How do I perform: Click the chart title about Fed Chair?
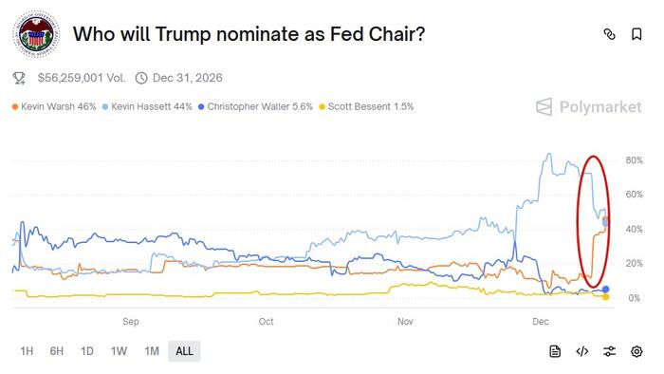pyautogui.click(x=249, y=34)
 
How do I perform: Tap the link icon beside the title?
pyautogui.click(x=609, y=34)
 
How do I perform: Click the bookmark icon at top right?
pyautogui.click(x=636, y=34)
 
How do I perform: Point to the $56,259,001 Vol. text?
pyautogui.click(x=80, y=78)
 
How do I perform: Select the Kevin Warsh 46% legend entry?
pyautogui.click(x=54, y=107)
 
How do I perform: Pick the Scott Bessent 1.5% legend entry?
pyautogui.click(x=370, y=107)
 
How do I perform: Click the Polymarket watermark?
pyautogui.click(x=588, y=107)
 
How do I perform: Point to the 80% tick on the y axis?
pyautogui.click(x=635, y=159)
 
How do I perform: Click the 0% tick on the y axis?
pyautogui.click(x=635, y=298)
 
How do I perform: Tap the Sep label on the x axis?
pyautogui.click(x=131, y=321)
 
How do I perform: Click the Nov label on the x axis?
pyautogui.click(x=405, y=321)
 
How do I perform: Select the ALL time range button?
pyautogui.click(x=184, y=351)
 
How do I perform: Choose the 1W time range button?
pyautogui.click(x=119, y=351)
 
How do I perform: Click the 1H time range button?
pyautogui.click(x=27, y=351)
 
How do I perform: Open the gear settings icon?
pyautogui.click(x=636, y=351)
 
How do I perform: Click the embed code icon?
pyautogui.click(x=582, y=351)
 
